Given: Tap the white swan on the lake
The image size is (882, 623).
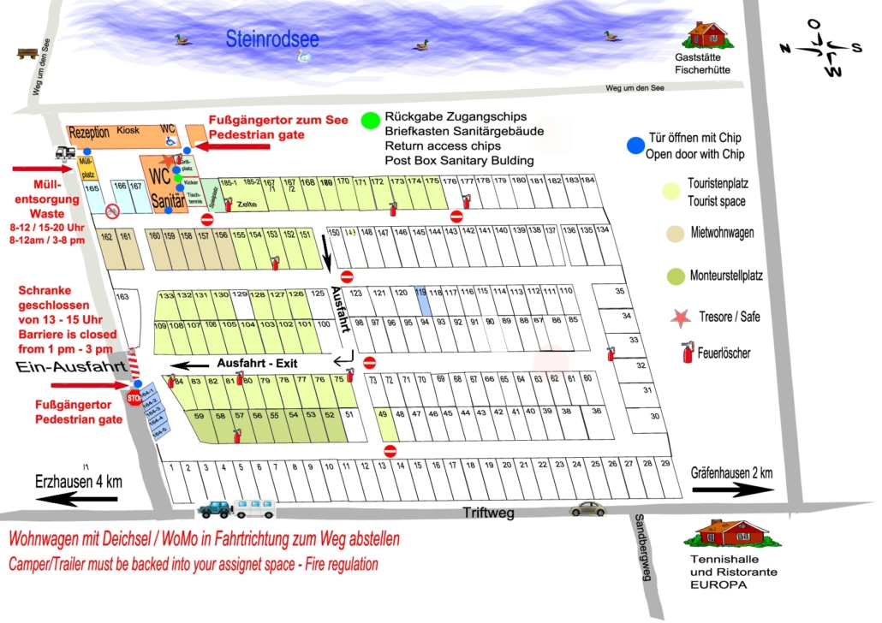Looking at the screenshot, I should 304,56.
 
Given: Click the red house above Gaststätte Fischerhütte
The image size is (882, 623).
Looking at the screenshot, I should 705,35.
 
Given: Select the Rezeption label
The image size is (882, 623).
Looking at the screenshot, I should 89,132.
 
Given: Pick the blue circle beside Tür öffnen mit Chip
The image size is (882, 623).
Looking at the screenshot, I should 634,146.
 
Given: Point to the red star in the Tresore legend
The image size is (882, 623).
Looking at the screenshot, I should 681,317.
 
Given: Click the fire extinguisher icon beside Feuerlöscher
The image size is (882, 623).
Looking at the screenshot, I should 686,353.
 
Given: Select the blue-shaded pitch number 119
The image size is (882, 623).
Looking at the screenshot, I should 420,293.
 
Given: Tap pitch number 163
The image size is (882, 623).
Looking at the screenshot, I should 122,297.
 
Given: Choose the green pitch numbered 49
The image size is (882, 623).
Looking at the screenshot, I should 383,413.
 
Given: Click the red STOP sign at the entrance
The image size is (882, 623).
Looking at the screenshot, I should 134,399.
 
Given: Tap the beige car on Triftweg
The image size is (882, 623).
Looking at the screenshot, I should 587,508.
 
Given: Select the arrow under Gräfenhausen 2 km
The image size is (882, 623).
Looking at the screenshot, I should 732,491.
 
